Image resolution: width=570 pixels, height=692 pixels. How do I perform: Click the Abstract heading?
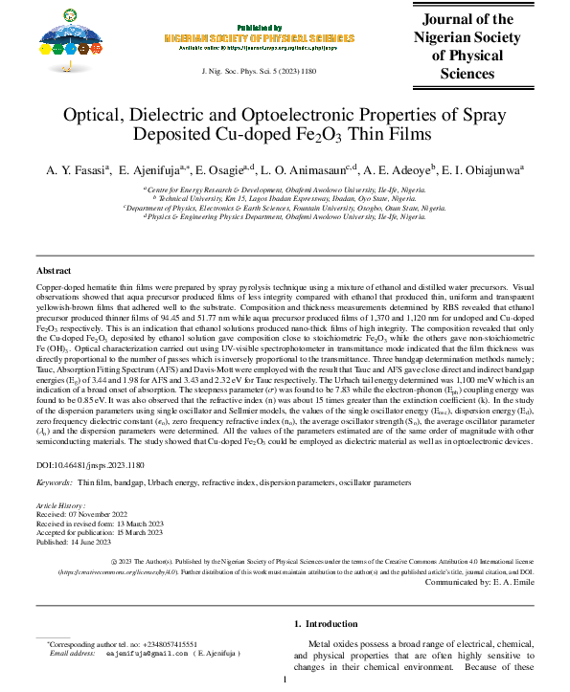coord(53,272)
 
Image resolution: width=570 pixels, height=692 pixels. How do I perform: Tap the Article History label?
coord(60,504)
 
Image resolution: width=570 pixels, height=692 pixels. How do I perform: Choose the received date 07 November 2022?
coord(101,513)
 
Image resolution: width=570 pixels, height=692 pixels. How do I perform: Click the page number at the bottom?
coord(285,681)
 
